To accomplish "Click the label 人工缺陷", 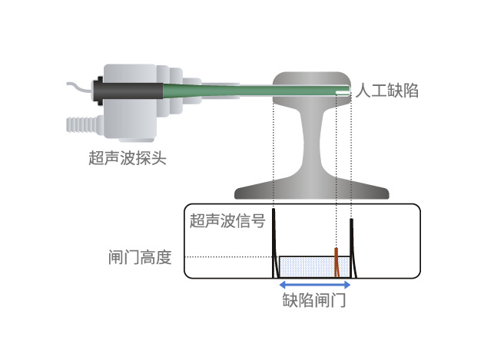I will click(x=389, y=91).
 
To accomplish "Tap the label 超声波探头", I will click(x=127, y=159).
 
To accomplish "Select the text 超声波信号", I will click(x=228, y=222).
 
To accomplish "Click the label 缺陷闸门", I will click(x=314, y=300).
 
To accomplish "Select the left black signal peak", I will click(x=275, y=246).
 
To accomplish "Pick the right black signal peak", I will click(x=351, y=246).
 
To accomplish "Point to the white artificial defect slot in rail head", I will click(x=342, y=92).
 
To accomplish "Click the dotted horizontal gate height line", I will click(x=230, y=256).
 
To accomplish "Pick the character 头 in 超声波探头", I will click(x=158, y=159).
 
